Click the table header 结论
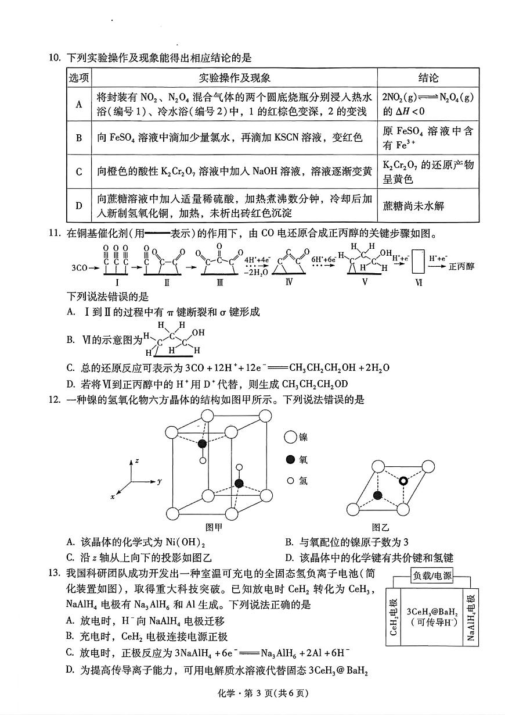click(x=428, y=78)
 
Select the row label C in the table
click(x=79, y=171)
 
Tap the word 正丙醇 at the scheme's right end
click(x=461, y=266)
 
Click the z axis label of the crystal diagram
click(x=136, y=460)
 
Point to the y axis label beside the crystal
click(x=159, y=481)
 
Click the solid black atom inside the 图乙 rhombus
click(x=378, y=495)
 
